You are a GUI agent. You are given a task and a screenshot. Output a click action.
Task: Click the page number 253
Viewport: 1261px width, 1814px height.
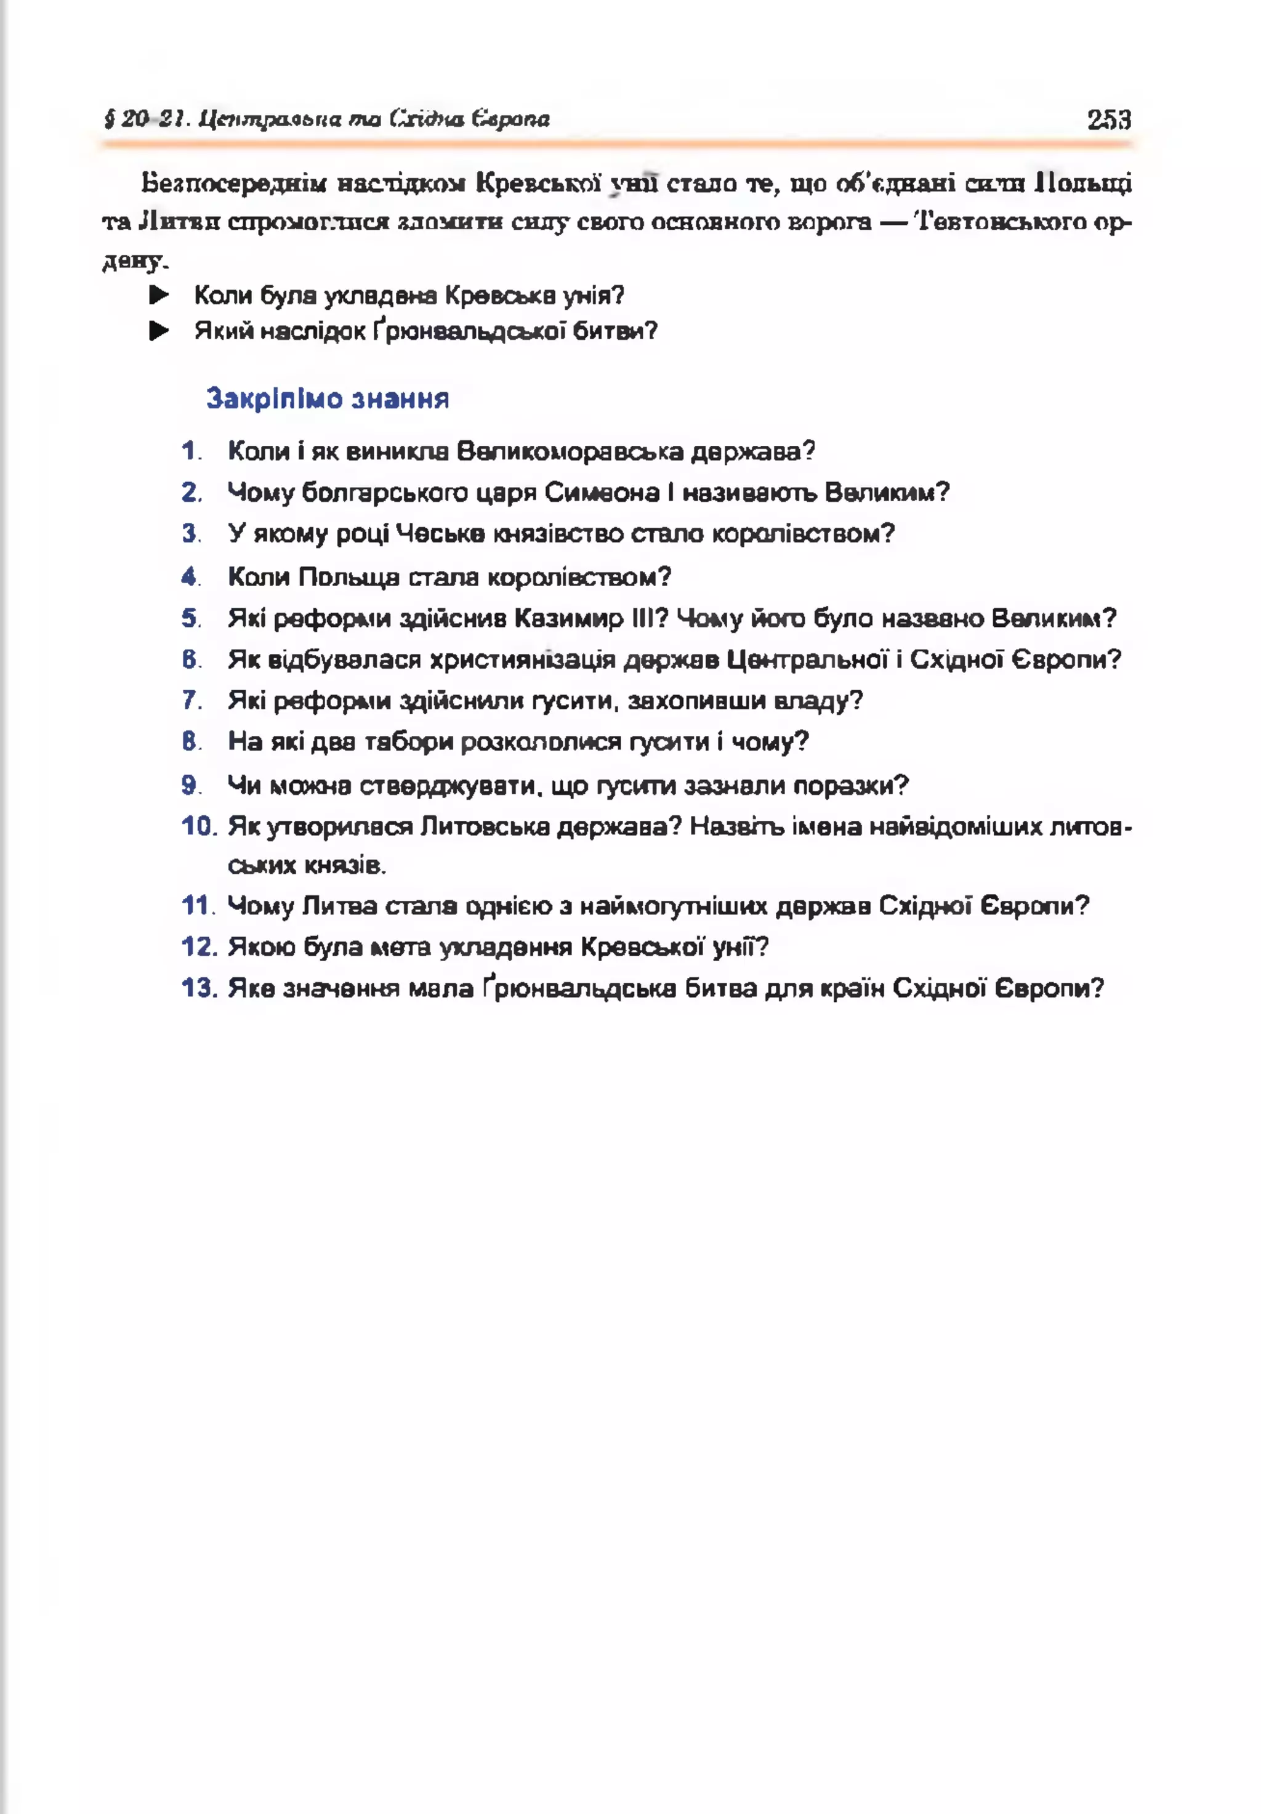(x=1108, y=119)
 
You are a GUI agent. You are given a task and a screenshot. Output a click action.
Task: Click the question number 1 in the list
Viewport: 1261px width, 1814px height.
(x=190, y=451)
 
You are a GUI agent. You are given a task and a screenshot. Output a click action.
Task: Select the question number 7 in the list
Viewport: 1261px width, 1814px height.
(x=190, y=700)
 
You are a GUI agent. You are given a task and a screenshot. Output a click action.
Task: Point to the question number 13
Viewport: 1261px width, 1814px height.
(x=198, y=988)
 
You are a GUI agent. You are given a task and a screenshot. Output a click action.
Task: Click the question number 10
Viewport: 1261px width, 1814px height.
(x=198, y=826)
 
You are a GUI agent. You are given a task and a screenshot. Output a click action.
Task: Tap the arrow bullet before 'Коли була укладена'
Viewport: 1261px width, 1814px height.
(x=159, y=296)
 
